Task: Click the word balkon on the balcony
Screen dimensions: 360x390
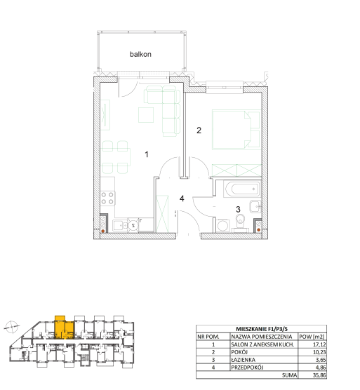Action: (140, 54)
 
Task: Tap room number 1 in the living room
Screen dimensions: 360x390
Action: (147, 154)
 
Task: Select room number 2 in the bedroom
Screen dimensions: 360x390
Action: (199, 130)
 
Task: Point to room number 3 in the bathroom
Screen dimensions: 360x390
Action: (238, 210)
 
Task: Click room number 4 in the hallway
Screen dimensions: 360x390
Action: (182, 199)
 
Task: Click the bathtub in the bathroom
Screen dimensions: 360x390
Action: (241, 189)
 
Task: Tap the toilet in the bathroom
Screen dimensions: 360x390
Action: (240, 223)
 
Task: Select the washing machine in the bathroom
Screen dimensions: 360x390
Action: (223, 226)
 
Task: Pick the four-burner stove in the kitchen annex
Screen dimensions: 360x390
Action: (107, 199)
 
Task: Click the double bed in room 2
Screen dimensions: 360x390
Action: (236, 130)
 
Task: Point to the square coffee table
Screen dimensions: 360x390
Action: (146, 114)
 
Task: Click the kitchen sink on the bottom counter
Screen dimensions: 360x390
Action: (120, 226)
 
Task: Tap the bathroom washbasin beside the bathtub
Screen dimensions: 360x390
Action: (255, 206)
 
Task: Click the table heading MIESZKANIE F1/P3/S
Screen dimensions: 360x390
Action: (262, 329)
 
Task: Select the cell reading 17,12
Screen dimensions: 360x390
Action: (319, 344)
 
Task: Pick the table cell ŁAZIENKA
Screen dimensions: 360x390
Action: (243, 360)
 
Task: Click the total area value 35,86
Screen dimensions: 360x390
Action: (319, 375)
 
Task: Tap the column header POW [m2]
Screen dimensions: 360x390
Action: (312, 337)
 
